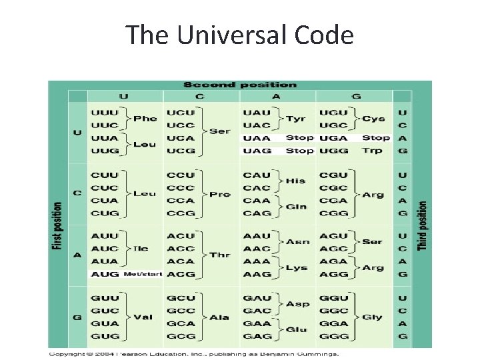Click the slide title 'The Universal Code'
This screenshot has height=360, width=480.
pos(240,35)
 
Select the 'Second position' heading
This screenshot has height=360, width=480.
pos(239,85)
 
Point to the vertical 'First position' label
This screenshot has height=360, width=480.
pos(58,227)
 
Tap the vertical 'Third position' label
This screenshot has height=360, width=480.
pos(423,227)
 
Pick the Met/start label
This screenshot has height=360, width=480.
pos(143,274)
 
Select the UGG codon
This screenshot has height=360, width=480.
pos(333,151)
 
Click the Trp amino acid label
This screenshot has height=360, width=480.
pos(373,151)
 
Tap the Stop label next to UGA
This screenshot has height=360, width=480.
pos(376,138)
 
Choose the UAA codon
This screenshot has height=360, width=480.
pos(257,138)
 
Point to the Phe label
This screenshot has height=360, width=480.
pos(145,119)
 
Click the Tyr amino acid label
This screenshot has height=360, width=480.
pos(296,119)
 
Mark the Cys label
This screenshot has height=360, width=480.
pos(373,119)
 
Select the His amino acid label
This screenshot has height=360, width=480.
pos(296,181)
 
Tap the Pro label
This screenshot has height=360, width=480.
pos(220,194)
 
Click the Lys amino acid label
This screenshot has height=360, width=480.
pos(296,267)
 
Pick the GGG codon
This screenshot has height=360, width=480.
pos(333,336)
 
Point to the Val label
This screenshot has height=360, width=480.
pos(145,317)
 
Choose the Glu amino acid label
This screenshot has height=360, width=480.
pos(296,329)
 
